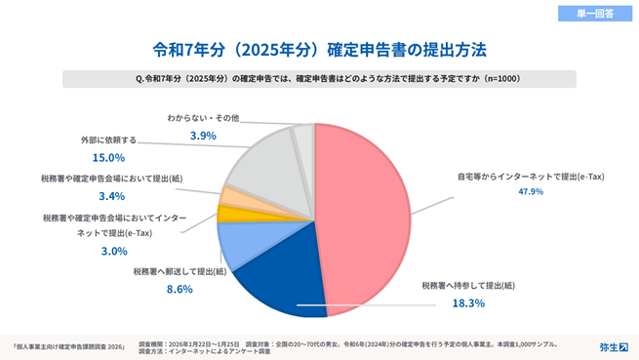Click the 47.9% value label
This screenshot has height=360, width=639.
point(531,192)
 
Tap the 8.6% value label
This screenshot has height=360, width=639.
point(180,290)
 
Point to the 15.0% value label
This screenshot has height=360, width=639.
point(107,157)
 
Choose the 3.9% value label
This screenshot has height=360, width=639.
point(203,136)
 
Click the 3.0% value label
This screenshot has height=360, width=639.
point(114,251)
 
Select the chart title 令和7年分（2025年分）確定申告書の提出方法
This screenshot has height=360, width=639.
point(320,48)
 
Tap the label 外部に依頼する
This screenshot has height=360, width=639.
point(108,140)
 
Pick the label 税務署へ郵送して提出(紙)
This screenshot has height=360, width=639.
point(180,271)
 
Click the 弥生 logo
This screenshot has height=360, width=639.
point(613,346)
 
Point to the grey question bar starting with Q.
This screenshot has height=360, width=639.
point(319,78)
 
